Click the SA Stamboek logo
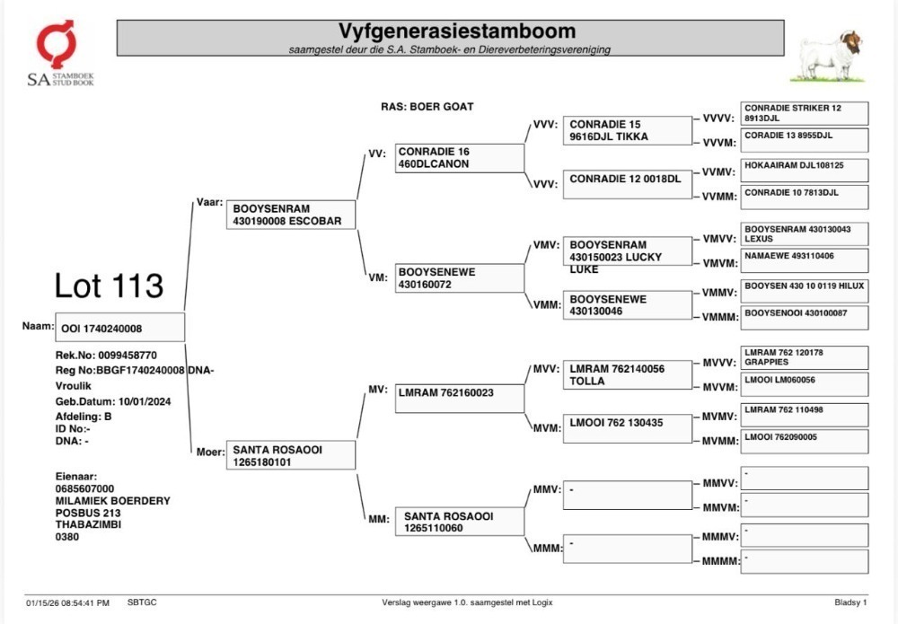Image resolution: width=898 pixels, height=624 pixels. tap(60, 53)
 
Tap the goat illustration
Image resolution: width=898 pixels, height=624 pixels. tap(828, 55)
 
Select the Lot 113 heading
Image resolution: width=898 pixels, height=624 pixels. tap(109, 286)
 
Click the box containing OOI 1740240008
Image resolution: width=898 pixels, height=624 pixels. tap(119, 327)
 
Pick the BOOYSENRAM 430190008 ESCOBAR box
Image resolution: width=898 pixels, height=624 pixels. tap(291, 215)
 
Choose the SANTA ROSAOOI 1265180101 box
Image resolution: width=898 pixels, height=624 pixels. tap(291, 455)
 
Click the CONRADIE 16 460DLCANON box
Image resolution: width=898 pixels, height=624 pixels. tap(459, 158)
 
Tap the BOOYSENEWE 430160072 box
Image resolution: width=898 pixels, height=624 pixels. tap(459, 277)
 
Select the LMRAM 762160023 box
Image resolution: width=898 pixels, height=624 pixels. tap(459, 399)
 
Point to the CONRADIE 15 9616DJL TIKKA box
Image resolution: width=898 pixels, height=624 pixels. tap(628, 130)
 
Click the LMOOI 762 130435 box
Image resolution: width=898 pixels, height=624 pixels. tap(628, 428)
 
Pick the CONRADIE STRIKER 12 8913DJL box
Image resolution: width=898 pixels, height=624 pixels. tap(804, 113)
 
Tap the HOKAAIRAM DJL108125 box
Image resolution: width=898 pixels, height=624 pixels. tap(804, 170)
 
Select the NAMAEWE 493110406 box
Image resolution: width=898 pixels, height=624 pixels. tap(804, 260)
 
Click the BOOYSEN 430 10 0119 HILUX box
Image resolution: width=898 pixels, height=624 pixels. tap(804, 291)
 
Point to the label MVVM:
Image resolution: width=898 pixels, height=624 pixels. tap(720, 388)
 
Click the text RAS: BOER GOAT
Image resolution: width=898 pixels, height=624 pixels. tap(427, 107)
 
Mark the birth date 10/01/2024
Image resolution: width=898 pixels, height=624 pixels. tap(145, 401)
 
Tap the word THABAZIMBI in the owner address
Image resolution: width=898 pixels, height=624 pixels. tap(88, 524)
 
